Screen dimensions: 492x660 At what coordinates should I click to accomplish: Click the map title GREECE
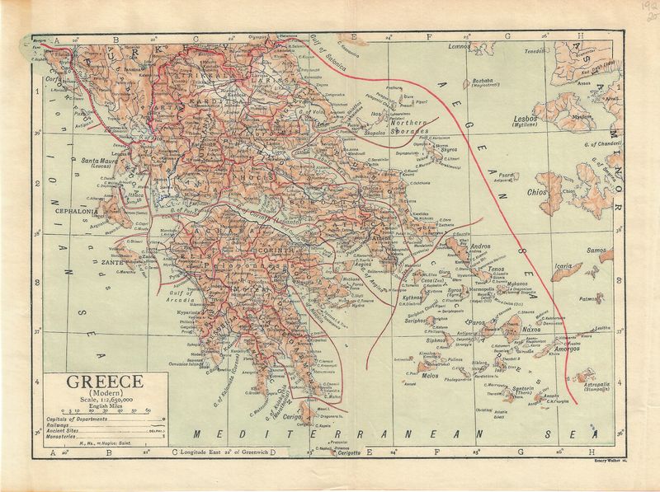[105, 382]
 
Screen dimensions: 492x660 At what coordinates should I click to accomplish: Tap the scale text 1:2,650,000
[105, 401]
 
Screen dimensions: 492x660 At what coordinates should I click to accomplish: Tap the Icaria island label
[563, 266]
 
